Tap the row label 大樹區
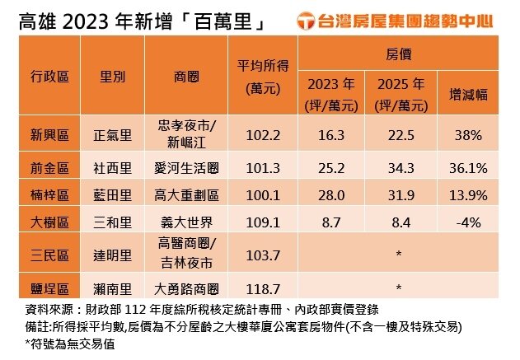(x=49, y=222)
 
